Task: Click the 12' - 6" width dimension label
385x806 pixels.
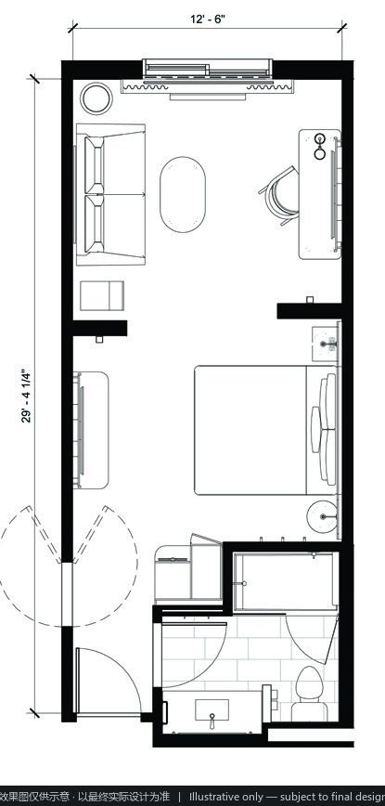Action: coord(208,19)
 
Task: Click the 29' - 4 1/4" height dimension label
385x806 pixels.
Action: coord(27,396)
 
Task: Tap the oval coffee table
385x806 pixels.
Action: coord(183,194)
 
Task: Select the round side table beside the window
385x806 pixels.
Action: coord(96,98)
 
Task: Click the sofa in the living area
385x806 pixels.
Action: coord(110,194)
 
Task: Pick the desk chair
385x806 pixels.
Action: coord(278,195)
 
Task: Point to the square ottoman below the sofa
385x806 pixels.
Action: coord(102,295)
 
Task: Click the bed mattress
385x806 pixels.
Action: coord(250,430)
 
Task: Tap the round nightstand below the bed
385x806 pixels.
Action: coord(323,516)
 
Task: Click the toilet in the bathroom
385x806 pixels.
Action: coord(310,694)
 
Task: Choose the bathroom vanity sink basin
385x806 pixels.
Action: coord(212,711)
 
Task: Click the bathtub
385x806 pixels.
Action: coord(286,581)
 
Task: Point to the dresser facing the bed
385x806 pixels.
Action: coord(91,430)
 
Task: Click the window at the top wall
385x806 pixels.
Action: coord(208,70)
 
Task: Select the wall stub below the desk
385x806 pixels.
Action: coord(310,311)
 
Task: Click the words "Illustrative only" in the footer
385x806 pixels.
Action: coord(224,797)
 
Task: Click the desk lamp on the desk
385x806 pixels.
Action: coord(320,146)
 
